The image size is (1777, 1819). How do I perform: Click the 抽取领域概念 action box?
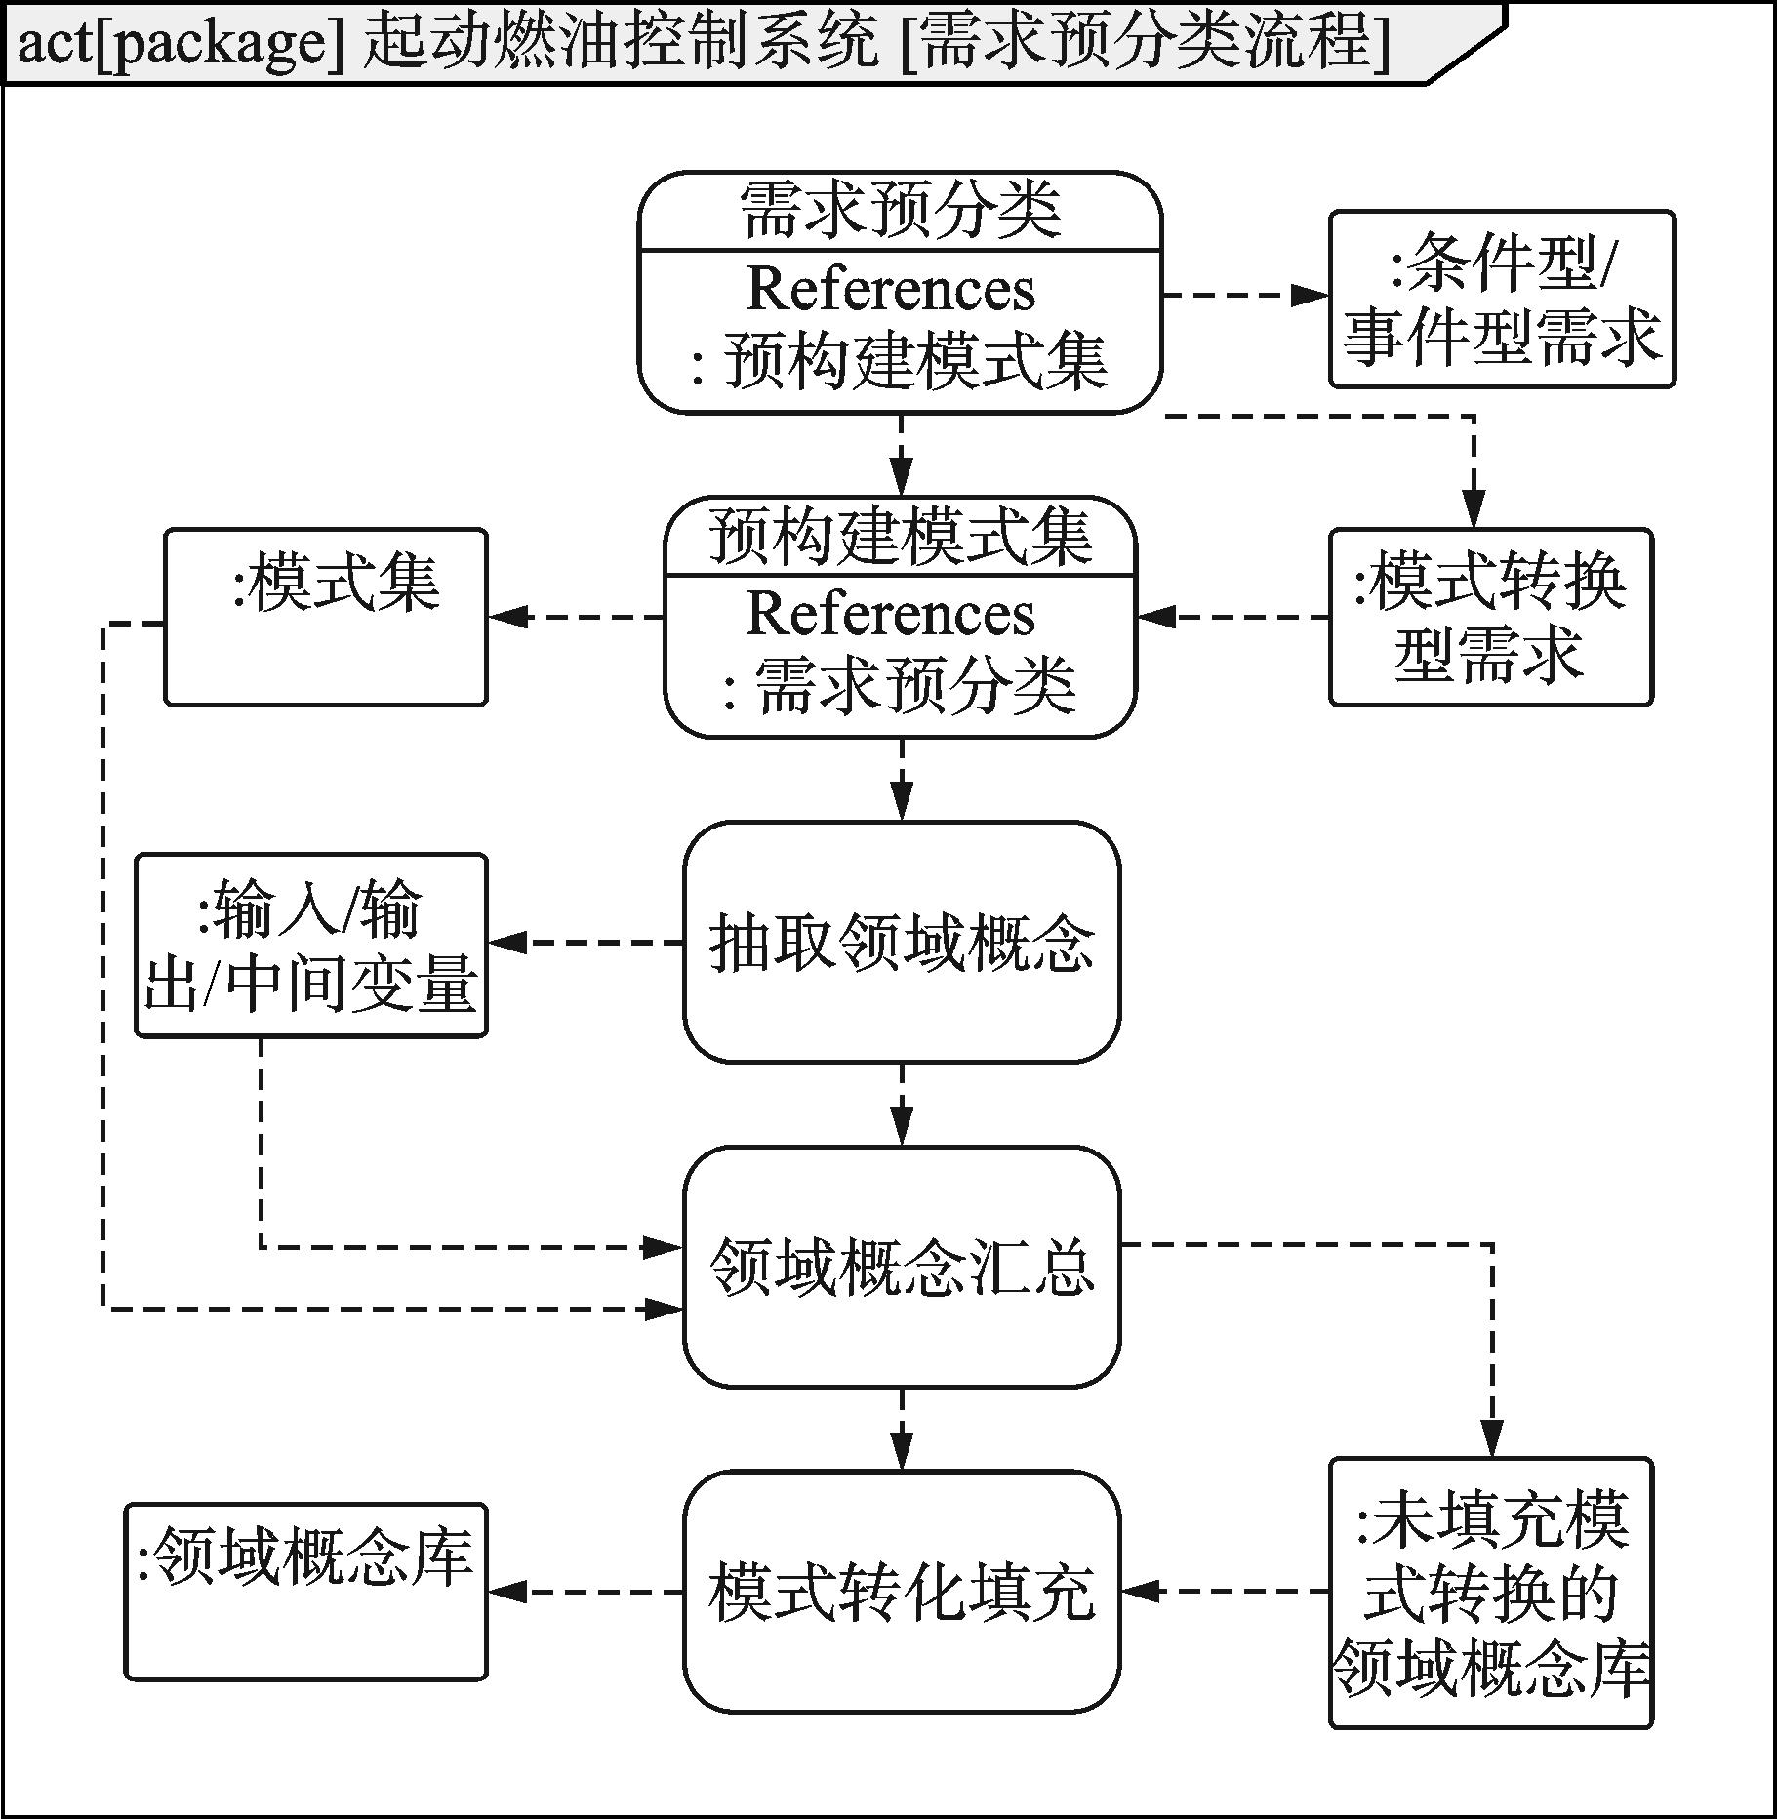[901, 941]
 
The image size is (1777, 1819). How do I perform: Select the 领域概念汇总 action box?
[901, 1266]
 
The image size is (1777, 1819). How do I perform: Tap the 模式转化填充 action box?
[901, 1591]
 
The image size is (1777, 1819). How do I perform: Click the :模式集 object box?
[325, 617]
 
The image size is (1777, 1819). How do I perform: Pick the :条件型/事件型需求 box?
[1501, 299]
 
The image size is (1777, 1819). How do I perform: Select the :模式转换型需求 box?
[1490, 617]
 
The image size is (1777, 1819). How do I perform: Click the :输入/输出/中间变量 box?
[310, 945]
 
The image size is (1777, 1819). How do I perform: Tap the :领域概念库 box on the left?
[305, 1591]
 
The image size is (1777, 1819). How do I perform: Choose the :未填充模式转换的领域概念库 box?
[1490, 1593]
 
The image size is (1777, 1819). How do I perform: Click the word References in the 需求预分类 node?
[890, 289]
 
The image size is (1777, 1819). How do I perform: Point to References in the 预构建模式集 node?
[890, 614]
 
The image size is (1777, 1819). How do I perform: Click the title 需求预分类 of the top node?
[900, 210]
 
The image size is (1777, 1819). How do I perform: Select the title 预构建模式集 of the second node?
[900, 536]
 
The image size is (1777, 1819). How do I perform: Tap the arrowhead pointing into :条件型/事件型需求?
[1312, 295]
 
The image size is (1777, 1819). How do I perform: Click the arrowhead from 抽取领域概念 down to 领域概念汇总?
[901, 1127]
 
